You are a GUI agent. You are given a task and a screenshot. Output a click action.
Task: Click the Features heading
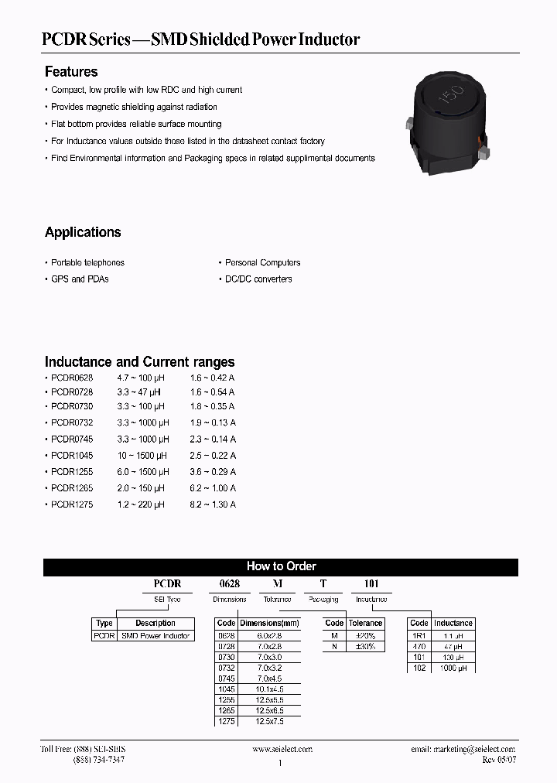click(71, 72)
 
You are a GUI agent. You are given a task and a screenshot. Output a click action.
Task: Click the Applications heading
click(83, 232)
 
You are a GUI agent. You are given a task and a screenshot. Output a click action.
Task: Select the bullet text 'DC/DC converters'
click(258, 279)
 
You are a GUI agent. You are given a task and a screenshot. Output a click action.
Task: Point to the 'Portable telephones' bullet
click(87, 263)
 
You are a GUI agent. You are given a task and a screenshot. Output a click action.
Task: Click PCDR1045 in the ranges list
click(72, 456)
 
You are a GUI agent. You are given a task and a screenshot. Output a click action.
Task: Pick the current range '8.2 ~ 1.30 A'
click(213, 504)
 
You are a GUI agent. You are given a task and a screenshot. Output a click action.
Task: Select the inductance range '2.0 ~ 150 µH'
click(141, 488)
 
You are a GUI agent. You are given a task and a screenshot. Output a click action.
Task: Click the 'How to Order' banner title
click(281, 566)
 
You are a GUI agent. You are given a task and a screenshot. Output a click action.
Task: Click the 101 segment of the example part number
click(371, 584)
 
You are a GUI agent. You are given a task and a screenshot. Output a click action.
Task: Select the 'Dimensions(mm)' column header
click(268, 624)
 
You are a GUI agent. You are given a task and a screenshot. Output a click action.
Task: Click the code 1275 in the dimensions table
click(226, 721)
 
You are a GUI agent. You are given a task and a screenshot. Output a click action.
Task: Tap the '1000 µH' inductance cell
click(453, 667)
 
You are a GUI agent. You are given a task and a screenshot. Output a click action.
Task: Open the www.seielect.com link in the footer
click(282, 749)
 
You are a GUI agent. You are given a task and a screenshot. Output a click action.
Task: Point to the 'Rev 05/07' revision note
click(498, 760)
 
